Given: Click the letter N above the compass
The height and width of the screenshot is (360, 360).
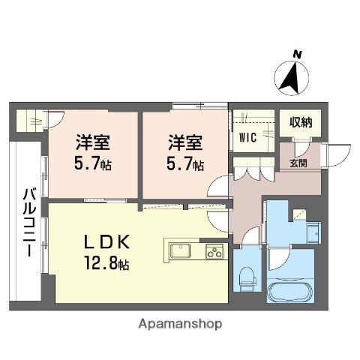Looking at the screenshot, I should click(x=297, y=54).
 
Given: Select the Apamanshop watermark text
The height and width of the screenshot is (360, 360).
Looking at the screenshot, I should click(x=179, y=324).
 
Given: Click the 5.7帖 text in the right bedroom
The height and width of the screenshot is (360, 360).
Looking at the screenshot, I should click(x=183, y=163).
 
